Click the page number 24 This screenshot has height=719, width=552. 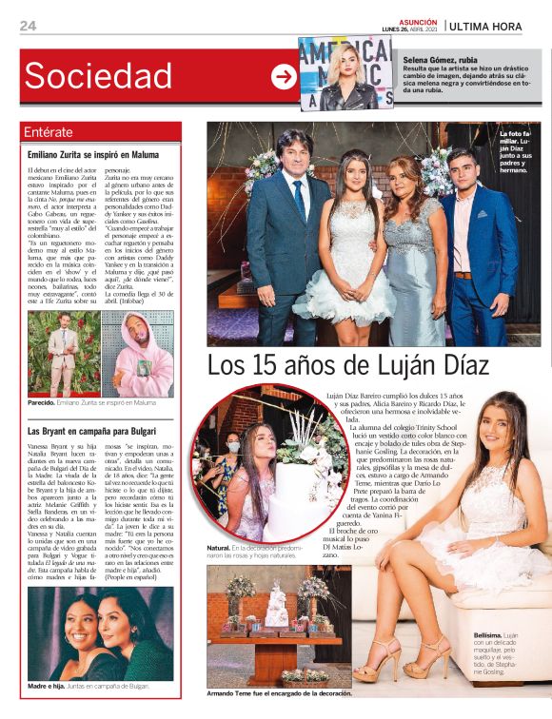tap(28, 26)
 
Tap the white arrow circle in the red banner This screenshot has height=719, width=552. tap(284, 77)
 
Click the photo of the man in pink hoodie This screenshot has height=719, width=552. tap(137, 354)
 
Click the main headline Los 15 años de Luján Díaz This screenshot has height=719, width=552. tap(348, 366)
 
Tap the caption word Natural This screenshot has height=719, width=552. tap(218, 550)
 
